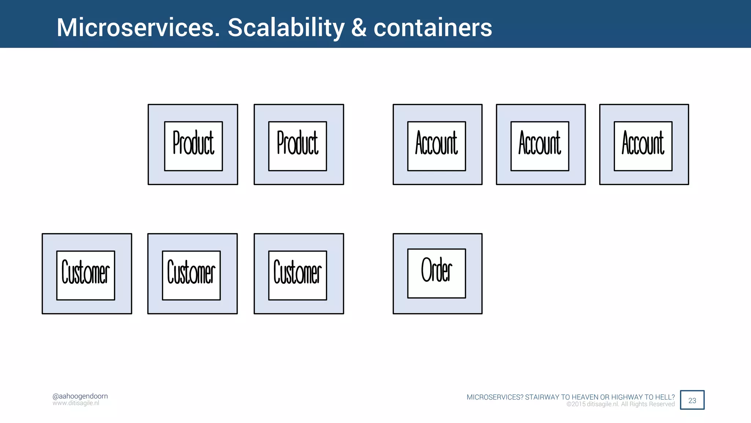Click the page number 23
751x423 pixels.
click(692, 400)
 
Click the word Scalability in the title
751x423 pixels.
click(286, 28)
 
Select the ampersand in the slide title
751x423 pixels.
click(359, 28)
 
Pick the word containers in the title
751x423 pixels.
click(433, 28)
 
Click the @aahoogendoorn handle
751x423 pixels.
click(80, 396)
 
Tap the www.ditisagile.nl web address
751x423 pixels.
click(76, 403)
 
